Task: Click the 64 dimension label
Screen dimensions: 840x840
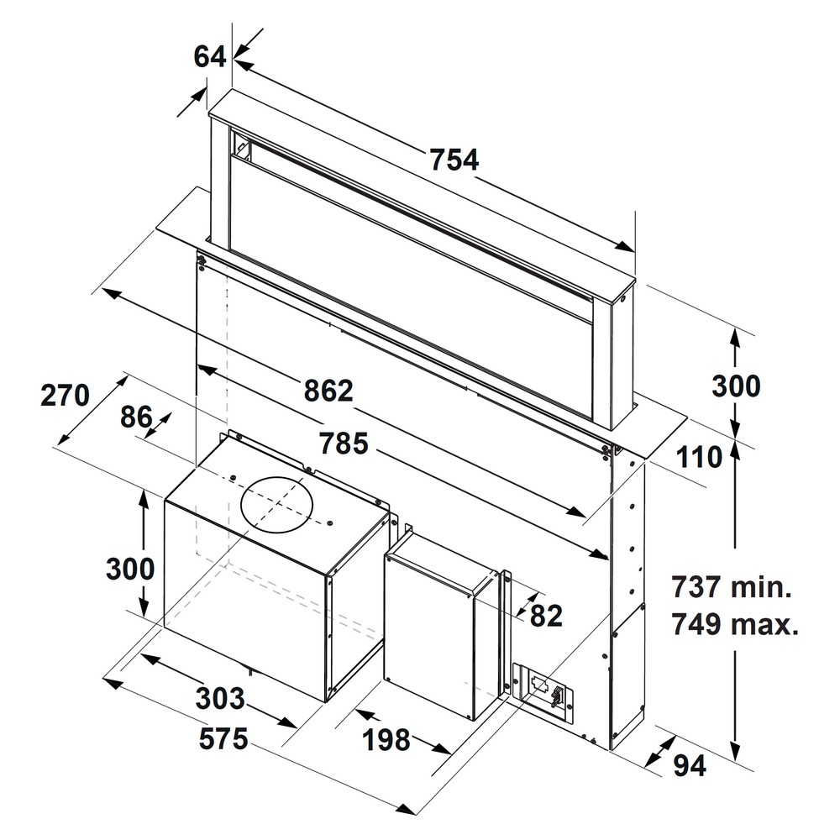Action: tap(209, 57)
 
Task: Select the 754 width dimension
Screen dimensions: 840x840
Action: tap(454, 160)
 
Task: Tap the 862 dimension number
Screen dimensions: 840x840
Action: tap(328, 391)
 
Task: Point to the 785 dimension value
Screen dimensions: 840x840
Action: tap(344, 443)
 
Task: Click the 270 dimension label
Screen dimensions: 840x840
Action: tap(65, 396)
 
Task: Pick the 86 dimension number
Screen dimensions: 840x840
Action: tap(137, 417)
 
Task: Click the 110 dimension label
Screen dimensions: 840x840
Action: tap(699, 458)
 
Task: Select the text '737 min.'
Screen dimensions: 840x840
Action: tap(732, 586)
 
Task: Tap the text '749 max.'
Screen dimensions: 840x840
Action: tap(735, 624)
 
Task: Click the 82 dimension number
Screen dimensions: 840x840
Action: tap(547, 616)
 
